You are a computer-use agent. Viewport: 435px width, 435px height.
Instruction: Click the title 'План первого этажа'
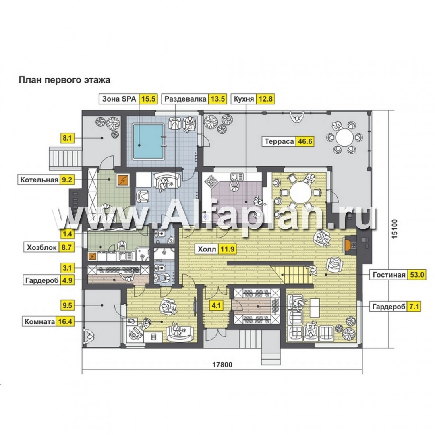click(64, 80)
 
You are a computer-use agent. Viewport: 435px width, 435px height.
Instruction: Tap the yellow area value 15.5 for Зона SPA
click(148, 99)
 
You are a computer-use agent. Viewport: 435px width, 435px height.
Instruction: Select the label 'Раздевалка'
click(185, 99)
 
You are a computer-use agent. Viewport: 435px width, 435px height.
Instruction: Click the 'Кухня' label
click(244, 99)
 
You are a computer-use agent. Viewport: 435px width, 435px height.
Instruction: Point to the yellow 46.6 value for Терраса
click(305, 141)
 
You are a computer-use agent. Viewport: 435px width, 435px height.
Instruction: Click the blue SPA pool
click(148, 141)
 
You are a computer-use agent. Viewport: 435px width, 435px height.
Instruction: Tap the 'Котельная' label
click(39, 180)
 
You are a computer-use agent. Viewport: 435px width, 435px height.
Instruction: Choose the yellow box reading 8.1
click(67, 138)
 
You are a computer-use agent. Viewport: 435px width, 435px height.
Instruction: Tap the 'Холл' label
click(207, 249)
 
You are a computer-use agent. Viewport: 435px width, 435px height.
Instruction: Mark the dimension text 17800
click(222, 364)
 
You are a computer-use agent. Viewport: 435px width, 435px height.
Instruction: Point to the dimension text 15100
click(395, 229)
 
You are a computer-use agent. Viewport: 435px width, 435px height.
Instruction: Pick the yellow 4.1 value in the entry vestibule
click(216, 306)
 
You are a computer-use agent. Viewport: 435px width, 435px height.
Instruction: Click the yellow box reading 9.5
click(67, 305)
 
